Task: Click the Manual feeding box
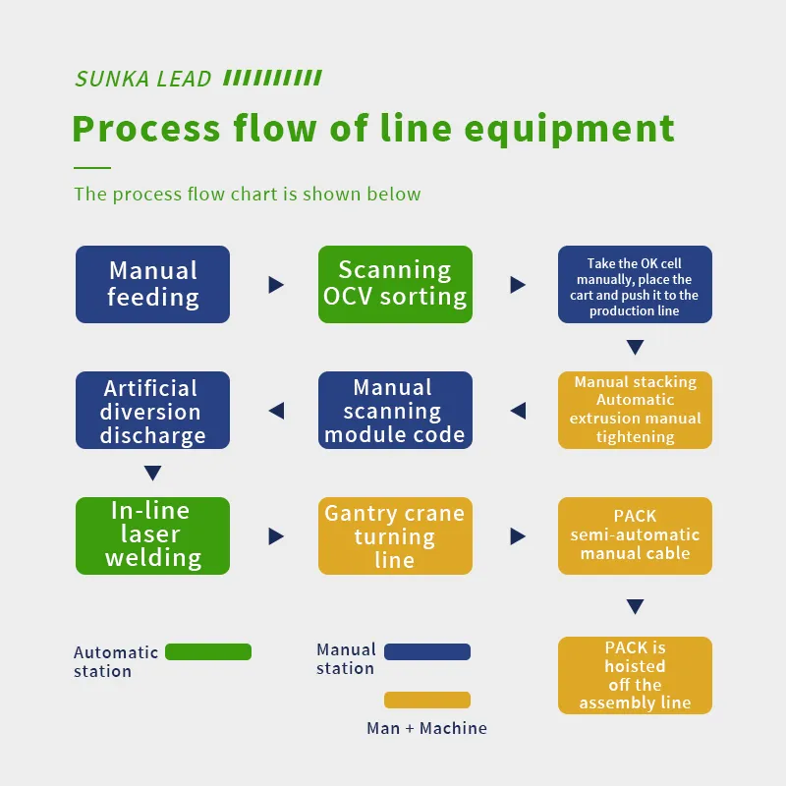click(152, 284)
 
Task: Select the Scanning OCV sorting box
click(395, 284)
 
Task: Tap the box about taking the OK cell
click(635, 285)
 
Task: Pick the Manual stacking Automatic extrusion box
click(635, 410)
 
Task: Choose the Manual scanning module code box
click(395, 411)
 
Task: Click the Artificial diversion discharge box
click(152, 411)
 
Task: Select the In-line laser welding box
click(152, 535)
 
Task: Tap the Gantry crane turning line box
click(395, 535)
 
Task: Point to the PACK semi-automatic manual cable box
click(635, 535)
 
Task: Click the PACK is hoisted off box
click(635, 675)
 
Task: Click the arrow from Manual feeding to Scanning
click(276, 285)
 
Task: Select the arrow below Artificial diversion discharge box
click(152, 474)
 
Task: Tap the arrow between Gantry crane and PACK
click(518, 536)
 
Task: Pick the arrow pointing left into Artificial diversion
click(276, 411)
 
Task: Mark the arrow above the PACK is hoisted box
click(635, 606)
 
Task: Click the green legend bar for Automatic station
click(208, 651)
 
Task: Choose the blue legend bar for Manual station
click(427, 651)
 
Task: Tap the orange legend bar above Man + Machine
click(427, 700)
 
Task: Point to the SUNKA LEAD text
click(143, 79)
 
